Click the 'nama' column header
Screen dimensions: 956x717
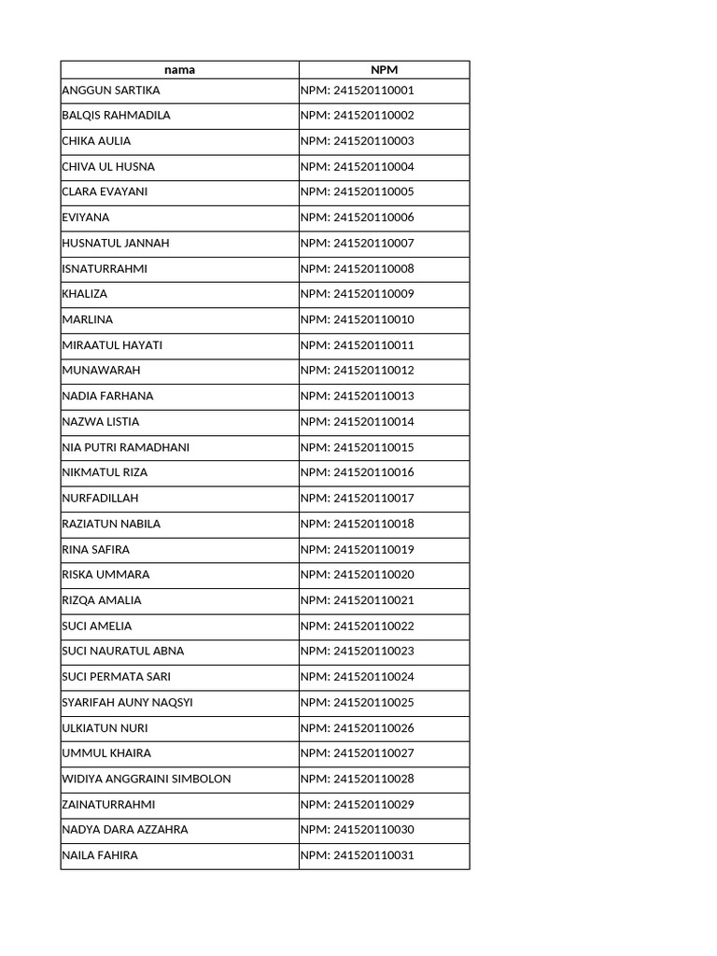pos(179,69)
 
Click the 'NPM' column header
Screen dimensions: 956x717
pos(384,69)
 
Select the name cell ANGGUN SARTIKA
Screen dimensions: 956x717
pos(110,91)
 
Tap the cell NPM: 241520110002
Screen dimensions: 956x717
pos(357,116)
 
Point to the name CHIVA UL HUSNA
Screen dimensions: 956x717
pos(108,167)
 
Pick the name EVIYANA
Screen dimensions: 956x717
pos(85,218)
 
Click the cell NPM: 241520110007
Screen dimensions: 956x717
pos(357,244)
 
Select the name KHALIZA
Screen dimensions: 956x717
pos(84,294)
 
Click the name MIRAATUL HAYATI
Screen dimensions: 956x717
pos(112,345)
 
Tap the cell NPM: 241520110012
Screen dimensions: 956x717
pos(357,371)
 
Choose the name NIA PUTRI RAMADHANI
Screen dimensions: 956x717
pos(125,447)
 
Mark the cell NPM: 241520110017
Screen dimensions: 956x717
pos(357,499)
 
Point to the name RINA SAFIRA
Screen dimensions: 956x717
pos(95,549)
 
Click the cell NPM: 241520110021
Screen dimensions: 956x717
pos(357,600)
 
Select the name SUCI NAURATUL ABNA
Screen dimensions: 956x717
pos(122,652)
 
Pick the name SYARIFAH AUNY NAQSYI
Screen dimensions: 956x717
pos(127,702)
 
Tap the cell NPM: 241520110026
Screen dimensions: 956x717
pos(357,728)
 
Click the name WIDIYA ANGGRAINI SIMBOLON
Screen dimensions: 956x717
pos(146,779)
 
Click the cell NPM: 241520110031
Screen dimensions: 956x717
pos(357,855)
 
